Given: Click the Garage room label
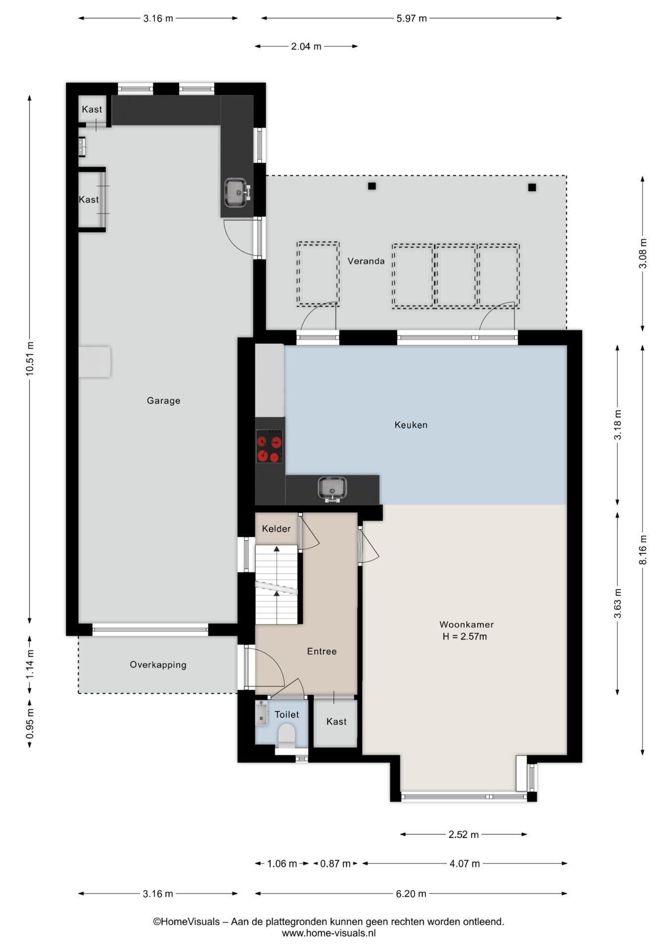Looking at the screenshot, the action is click(163, 400).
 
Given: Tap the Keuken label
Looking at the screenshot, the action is click(411, 425).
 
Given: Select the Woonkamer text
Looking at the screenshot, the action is click(466, 625).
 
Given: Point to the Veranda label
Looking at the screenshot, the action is click(366, 261).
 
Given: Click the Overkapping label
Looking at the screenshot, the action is click(158, 665).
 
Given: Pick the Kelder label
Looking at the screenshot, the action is click(276, 529).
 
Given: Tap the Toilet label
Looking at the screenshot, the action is click(287, 714).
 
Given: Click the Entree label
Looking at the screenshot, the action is click(322, 651).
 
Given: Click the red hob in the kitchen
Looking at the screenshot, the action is click(270, 446).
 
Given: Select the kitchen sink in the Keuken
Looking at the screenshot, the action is click(332, 489).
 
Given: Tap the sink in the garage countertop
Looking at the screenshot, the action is click(237, 193).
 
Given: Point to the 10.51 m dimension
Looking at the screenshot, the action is click(30, 358).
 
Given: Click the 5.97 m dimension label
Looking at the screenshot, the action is click(412, 18).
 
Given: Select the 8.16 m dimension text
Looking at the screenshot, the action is click(642, 550).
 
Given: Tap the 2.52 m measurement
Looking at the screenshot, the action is click(464, 834).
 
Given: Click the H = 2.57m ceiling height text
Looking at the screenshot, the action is click(465, 637).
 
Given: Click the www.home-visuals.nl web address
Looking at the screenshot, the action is click(329, 933).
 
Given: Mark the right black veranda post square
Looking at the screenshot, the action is click(532, 187).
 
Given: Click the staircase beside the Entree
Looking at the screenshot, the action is click(277, 584).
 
